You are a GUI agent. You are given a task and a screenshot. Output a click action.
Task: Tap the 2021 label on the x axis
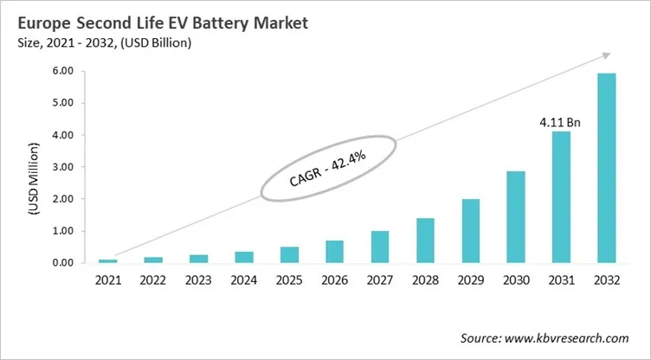click(107, 280)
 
